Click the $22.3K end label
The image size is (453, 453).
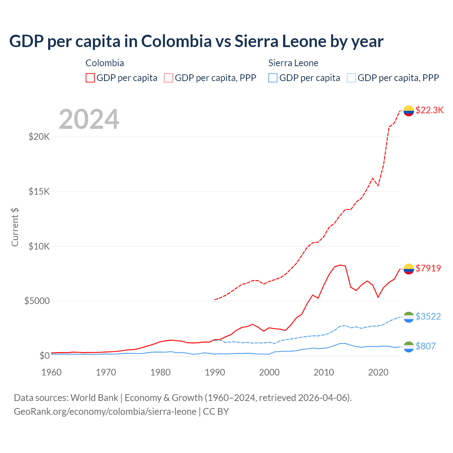pyautogui.click(x=429, y=110)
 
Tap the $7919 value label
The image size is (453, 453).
pyautogui.click(x=428, y=268)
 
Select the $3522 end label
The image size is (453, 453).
pyautogui.click(x=428, y=316)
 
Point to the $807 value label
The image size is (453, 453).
pyautogui.click(x=425, y=346)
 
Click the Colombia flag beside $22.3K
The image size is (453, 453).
pyautogui.click(x=409, y=111)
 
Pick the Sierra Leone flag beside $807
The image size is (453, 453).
pyautogui.click(x=409, y=347)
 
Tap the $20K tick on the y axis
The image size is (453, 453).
pyautogui.click(x=39, y=137)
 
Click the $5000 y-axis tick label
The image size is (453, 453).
pyautogui.click(x=37, y=301)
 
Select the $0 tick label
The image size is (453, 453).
pyautogui.click(x=44, y=356)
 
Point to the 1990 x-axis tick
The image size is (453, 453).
pyautogui.click(x=215, y=372)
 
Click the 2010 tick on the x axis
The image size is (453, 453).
pyautogui.click(x=324, y=372)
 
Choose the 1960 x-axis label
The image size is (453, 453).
pyautogui.click(x=52, y=372)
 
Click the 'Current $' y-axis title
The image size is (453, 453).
pyautogui.click(x=15, y=227)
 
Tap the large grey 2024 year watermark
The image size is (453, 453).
pyautogui.click(x=89, y=119)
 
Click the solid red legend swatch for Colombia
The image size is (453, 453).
pyautogui.click(x=90, y=78)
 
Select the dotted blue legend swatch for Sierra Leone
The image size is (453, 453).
pyautogui.click(x=351, y=78)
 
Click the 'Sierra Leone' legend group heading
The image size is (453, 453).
pyautogui.click(x=293, y=63)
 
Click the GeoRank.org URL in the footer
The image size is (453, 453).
pyautogui.click(x=105, y=412)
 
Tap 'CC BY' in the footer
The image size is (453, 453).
pyautogui.click(x=216, y=412)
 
